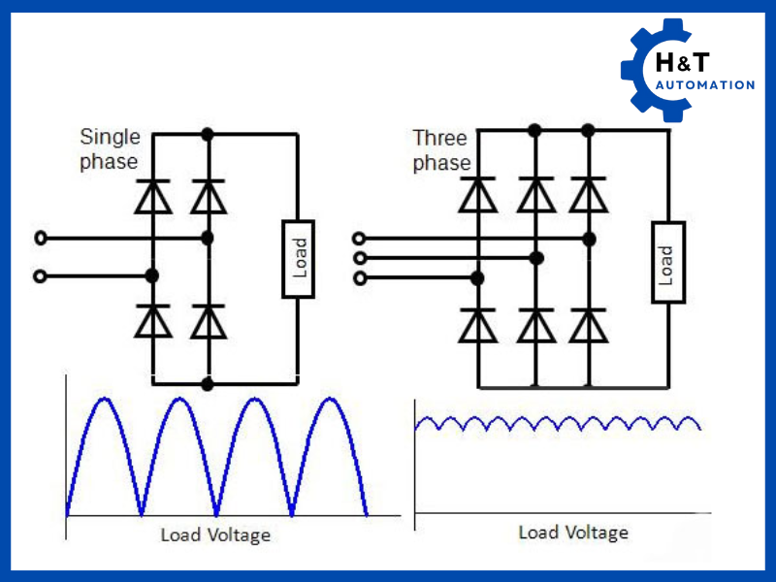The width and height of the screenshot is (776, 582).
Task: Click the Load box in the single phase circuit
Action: (x=300, y=259)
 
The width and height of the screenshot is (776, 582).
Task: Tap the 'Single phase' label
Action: (x=109, y=148)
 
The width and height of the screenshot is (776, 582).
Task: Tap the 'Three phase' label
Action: (x=440, y=150)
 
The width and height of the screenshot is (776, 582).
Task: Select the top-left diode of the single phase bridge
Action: (x=152, y=197)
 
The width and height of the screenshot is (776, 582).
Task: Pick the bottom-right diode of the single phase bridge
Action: (x=207, y=321)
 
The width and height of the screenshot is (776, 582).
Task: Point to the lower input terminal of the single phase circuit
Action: (x=40, y=276)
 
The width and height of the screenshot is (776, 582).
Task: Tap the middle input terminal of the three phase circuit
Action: (x=360, y=258)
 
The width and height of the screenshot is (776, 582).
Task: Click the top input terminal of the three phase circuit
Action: (x=360, y=238)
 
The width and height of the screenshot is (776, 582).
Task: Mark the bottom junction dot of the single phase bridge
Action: (x=207, y=384)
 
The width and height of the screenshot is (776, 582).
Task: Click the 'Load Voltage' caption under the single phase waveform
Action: (x=215, y=534)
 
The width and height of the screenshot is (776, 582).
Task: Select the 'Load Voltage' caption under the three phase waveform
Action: (x=573, y=533)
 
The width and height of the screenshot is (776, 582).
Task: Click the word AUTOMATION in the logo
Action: (x=704, y=85)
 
